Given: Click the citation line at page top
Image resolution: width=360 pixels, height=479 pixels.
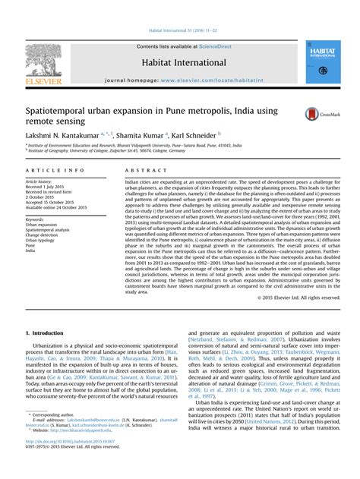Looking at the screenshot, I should (x=180, y=30).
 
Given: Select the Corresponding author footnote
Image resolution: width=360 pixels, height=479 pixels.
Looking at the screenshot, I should (x=54, y=435).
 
